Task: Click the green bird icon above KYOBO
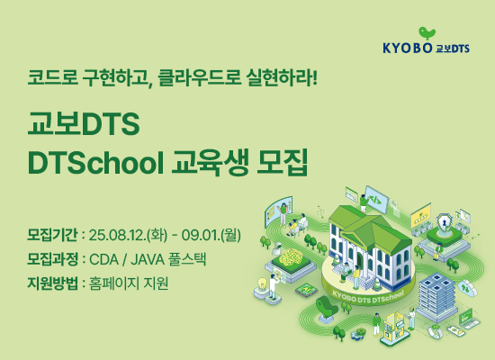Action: pyautogui.click(x=427, y=33)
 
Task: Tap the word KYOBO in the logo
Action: pyautogui.click(x=407, y=48)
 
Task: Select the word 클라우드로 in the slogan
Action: pyautogui.click(x=199, y=77)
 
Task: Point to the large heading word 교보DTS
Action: pyautogui.click(x=84, y=123)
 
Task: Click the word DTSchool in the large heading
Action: pyautogui.click(x=96, y=163)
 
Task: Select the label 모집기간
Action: pyautogui.click(x=52, y=235)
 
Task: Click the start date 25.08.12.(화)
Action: pyautogui.click(x=129, y=235)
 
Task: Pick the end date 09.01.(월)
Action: pyautogui.click(x=211, y=235)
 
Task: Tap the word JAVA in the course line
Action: pyautogui.click(x=148, y=259)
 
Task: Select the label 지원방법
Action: pyautogui.click(x=52, y=283)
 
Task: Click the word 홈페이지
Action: pyautogui.click(x=114, y=283)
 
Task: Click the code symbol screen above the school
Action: pyautogui.click(x=375, y=199)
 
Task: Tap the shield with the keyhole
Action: pyautogui.click(x=444, y=223)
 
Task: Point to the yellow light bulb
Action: pyautogui.click(x=262, y=283)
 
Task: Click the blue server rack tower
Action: pyautogui.click(x=437, y=296)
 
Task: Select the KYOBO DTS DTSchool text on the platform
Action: pyautogui.click(x=368, y=298)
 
